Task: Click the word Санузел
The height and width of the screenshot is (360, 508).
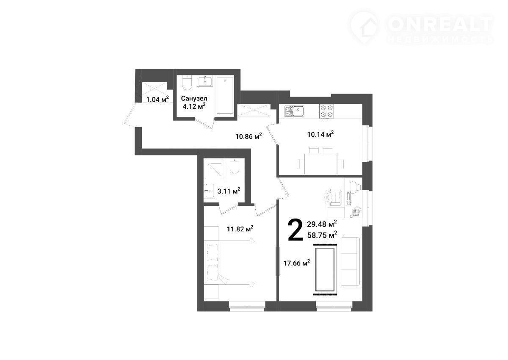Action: pos(194,98)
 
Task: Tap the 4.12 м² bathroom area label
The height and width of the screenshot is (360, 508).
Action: pos(194,106)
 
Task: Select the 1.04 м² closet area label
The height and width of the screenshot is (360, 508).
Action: pos(157,99)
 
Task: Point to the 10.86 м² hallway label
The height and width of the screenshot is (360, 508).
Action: pos(248,136)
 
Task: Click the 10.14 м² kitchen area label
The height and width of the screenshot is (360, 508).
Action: pos(320,134)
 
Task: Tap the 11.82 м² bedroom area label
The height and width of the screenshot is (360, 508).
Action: pos(240,229)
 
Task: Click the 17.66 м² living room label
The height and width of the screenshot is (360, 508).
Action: pos(297,263)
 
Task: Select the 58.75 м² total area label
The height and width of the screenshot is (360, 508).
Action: pos(322,235)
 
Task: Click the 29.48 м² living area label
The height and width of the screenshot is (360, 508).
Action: pos(322,224)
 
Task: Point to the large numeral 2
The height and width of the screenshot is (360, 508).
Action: pos(295,230)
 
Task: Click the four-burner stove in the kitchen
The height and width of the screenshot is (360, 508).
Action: pos(327,111)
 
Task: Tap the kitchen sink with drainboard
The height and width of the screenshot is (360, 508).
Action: pos(294,111)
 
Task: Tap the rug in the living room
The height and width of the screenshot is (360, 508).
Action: pos(325,269)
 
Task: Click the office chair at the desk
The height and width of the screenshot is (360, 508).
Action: pos(334,198)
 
